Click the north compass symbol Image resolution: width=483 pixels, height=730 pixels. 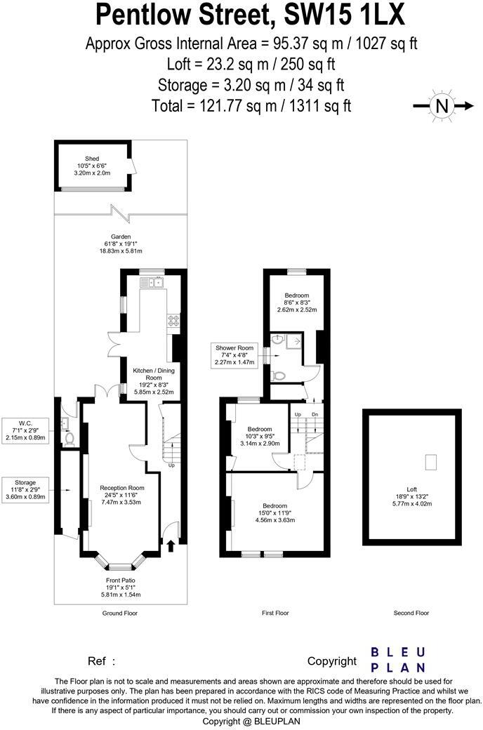[x=442, y=106]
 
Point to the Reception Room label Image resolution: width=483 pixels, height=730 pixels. [x=121, y=494]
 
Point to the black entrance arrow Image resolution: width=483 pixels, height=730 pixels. [x=171, y=543]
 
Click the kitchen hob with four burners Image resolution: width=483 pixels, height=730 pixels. [x=173, y=320]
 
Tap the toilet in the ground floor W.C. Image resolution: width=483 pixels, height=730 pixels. [x=69, y=439]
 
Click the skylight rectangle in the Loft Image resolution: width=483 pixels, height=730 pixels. [x=431, y=462]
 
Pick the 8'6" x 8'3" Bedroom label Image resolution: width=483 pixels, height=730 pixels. [x=297, y=302]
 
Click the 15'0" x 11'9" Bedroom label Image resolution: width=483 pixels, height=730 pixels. [x=274, y=512]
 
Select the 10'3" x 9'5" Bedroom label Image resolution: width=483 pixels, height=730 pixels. [x=260, y=436]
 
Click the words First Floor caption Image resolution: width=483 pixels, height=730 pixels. [x=275, y=613]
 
